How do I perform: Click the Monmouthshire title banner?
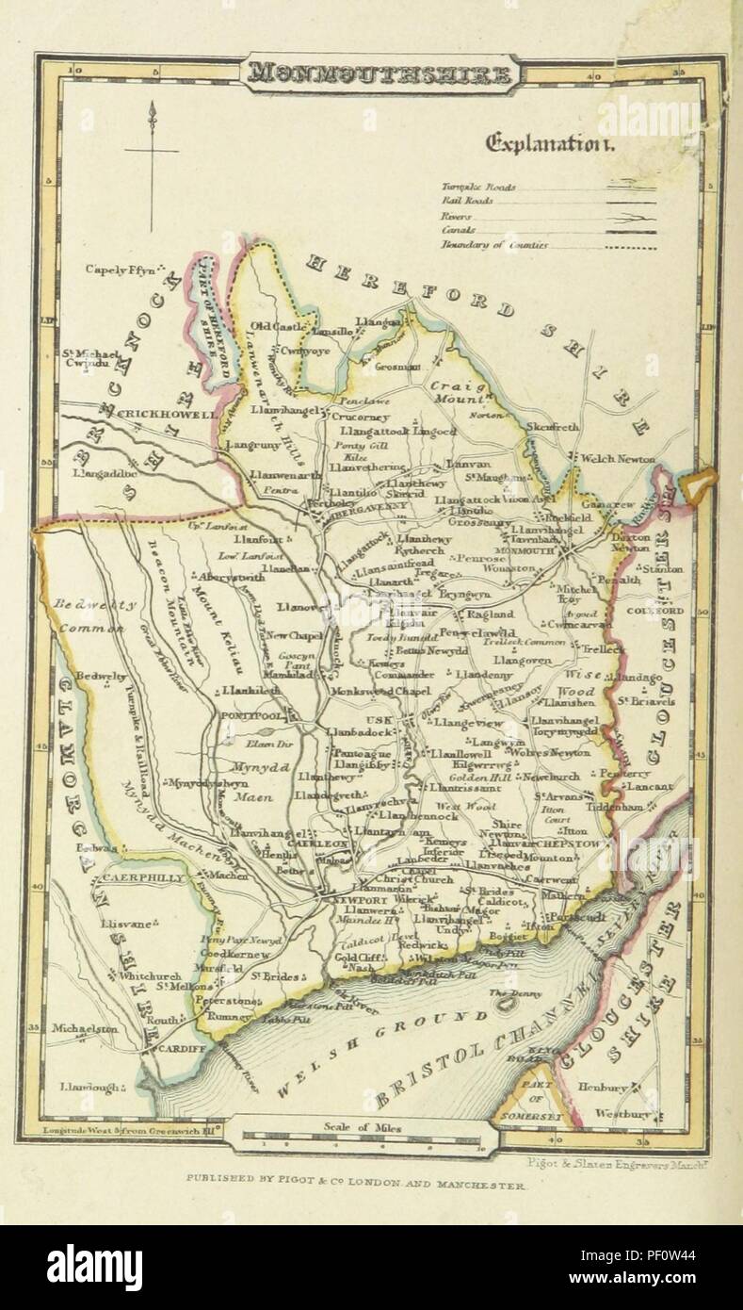click(x=379, y=74)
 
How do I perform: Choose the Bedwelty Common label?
click(x=94, y=614)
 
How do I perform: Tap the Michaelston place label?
click(x=85, y=1029)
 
